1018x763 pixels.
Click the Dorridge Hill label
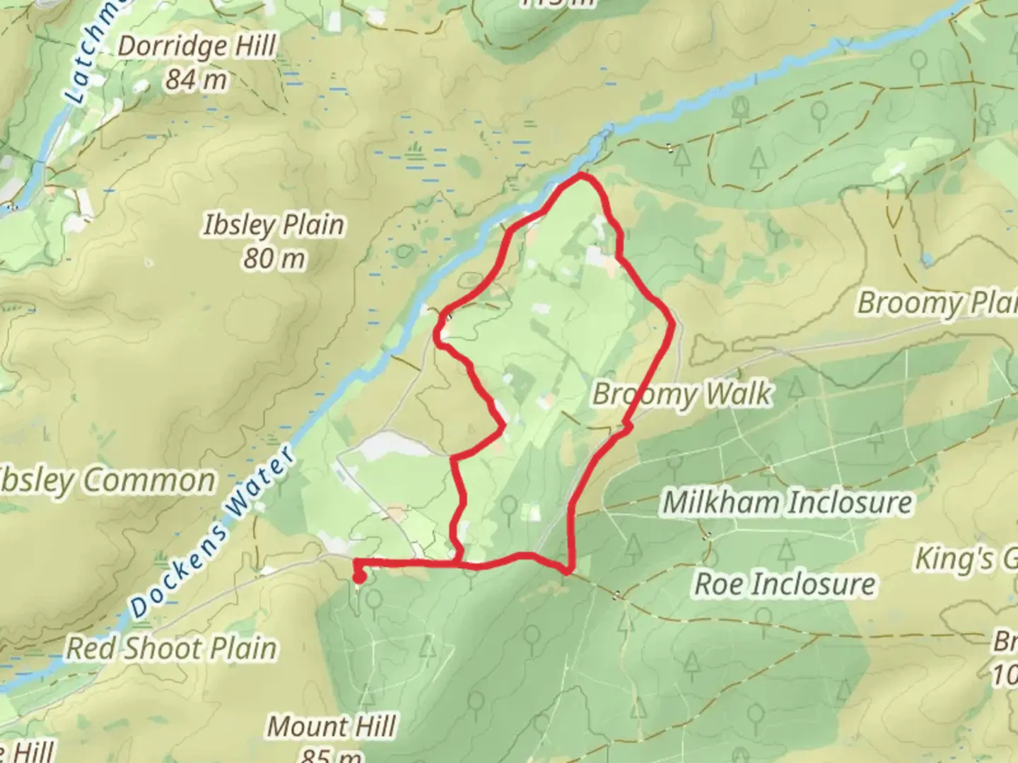click(x=196, y=47)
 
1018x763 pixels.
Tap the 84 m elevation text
click(x=196, y=80)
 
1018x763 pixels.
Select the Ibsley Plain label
click(x=274, y=225)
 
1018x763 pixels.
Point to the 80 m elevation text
click(x=274, y=259)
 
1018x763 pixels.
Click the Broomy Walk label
click(x=682, y=394)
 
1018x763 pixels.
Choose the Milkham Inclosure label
click(x=787, y=503)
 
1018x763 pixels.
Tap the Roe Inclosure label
click(x=785, y=584)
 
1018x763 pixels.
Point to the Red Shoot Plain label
click(x=171, y=649)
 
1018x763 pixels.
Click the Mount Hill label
click(x=331, y=726)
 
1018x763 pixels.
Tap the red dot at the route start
click(x=358, y=579)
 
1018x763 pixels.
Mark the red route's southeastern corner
click(x=568, y=570)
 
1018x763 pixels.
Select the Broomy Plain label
click(x=937, y=303)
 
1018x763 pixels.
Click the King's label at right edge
click(x=965, y=559)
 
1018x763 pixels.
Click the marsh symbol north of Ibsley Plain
click(x=415, y=150)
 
